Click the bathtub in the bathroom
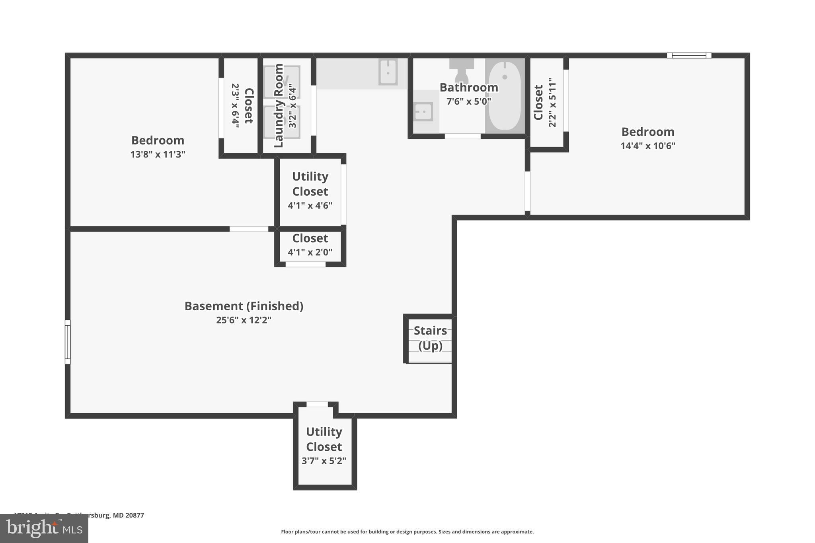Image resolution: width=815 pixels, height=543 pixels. click(x=505, y=95)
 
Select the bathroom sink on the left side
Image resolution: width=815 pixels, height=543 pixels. click(x=423, y=112)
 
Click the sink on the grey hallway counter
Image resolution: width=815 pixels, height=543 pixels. click(x=388, y=72)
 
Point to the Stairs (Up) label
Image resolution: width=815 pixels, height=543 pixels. click(x=430, y=338)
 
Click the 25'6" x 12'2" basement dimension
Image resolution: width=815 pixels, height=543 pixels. click(x=244, y=320)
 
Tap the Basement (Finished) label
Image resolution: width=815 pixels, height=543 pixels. click(x=244, y=306)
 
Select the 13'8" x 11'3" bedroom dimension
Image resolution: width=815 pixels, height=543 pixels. click(x=158, y=154)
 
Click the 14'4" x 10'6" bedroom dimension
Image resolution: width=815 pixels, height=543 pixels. click(x=648, y=146)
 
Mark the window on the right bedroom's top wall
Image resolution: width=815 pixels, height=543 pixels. click(x=689, y=56)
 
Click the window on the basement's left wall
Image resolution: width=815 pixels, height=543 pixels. click(x=68, y=342)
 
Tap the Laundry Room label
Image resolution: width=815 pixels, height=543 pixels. click(x=279, y=105)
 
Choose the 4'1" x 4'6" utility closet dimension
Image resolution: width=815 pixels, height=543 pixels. click(x=310, y=206)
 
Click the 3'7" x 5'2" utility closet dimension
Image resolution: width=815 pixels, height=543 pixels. click(x=324, y=461)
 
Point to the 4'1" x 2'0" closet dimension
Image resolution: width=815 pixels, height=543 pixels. click(x=310, y=252)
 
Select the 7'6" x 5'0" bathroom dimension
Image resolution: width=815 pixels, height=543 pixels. click(x=468, y=101)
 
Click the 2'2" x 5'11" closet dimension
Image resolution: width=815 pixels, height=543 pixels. click(x=552, y=103)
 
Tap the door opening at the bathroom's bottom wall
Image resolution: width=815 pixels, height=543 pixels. click(x=462, y=136)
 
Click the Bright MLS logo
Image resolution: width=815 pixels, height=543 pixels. click(x=44, y=528)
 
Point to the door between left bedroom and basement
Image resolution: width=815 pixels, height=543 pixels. click(x=249, y=229)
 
